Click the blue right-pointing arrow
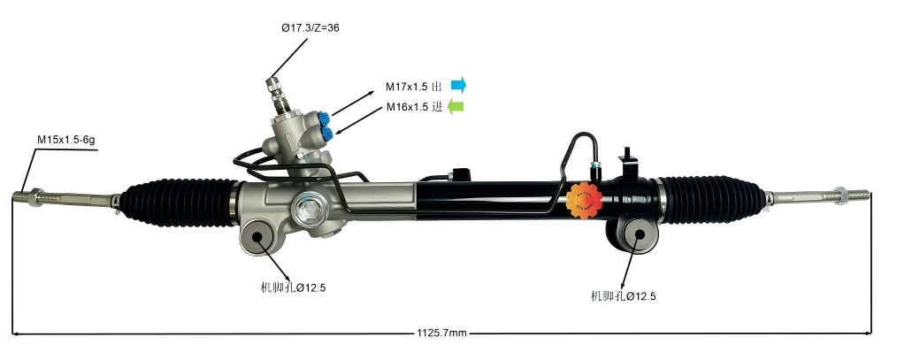coord(457,85)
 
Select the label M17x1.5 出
coord(413,87)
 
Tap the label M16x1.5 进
coord(413,108)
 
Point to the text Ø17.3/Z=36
coord(310,27)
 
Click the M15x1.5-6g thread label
coord(67,140)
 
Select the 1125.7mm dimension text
coord(441,333)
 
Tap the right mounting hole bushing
coord(639,236)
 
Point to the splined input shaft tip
coord(272,86)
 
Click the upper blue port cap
coord(329,116)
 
